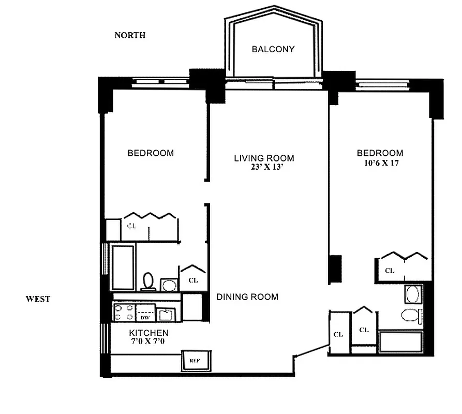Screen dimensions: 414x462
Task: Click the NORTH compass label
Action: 130,35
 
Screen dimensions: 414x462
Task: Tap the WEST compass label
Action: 38,299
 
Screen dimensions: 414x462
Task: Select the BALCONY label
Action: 273,49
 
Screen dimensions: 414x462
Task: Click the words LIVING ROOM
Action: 264,158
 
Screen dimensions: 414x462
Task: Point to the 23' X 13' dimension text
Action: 266,167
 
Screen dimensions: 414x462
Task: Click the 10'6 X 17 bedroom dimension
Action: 380,162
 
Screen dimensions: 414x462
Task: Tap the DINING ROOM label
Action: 247,297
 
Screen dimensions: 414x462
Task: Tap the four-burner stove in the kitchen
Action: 124,313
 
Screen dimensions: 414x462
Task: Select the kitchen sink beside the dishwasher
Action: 166,314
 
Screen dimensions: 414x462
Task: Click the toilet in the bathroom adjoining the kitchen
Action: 148,281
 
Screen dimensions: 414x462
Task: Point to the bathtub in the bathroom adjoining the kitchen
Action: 123,267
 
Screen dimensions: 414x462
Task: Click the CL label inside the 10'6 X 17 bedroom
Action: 389,270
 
